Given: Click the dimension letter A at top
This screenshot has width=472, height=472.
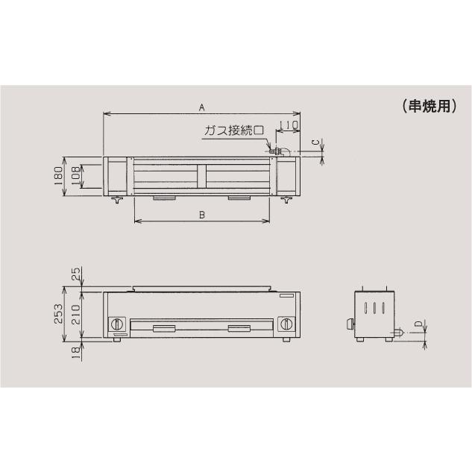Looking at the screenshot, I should (201, 107).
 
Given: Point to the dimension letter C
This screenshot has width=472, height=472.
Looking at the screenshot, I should (315, 141).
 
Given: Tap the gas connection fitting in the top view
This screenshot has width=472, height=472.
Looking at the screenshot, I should (277, 152).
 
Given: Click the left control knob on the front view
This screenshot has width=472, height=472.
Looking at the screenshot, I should (118, 325).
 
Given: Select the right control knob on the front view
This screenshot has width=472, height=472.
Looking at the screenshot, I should (287, 325).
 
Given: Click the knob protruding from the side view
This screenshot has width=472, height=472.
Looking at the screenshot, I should (348, 324).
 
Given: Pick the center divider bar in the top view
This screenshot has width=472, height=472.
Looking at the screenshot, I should (201, 177).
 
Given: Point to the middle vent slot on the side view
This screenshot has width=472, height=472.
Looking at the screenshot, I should (375, 309).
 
